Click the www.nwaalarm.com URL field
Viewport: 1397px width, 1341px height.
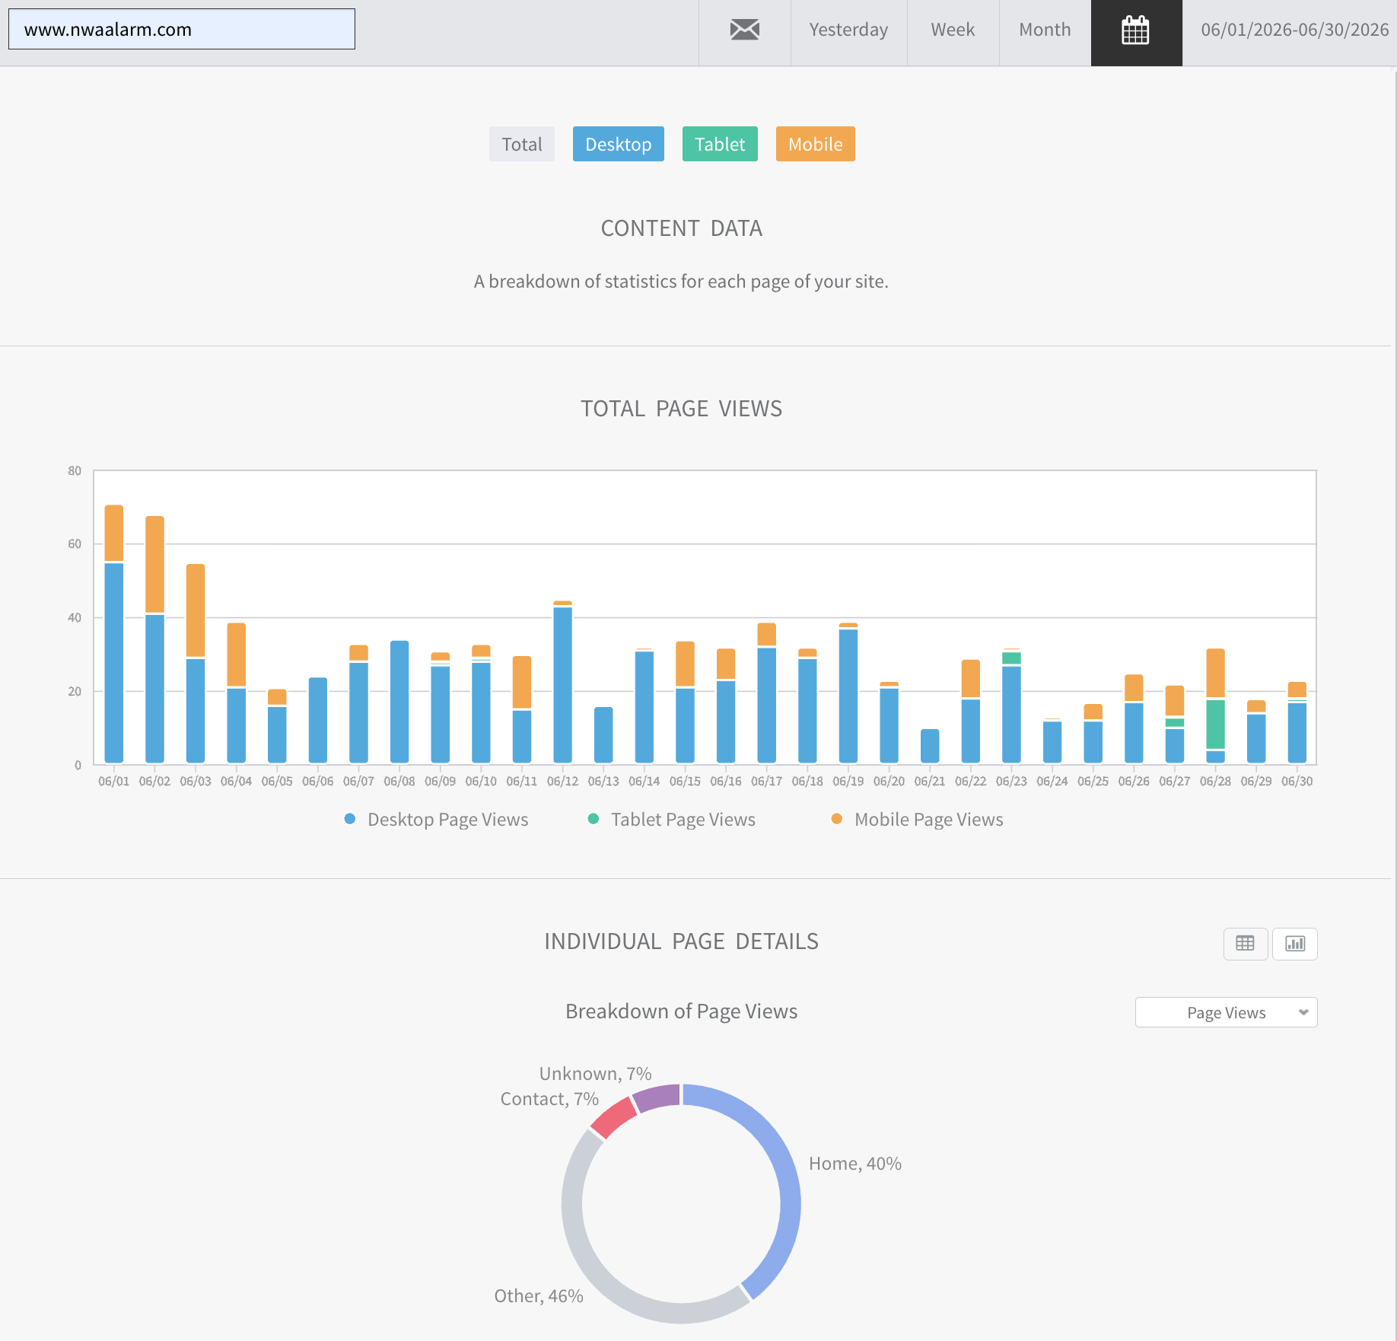182,29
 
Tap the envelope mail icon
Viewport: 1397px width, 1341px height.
745,30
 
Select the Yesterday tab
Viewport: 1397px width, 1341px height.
848,30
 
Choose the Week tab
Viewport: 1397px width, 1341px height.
953,30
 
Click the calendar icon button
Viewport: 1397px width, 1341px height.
1136,30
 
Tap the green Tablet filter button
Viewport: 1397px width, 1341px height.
720,144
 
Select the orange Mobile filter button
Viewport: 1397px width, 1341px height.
815,144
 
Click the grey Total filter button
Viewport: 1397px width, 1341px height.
522,144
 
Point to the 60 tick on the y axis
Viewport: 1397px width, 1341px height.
75,543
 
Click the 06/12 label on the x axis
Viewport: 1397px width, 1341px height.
562,781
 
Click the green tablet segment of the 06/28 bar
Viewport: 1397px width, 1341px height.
1215,724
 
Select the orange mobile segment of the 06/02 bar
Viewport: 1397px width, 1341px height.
154,564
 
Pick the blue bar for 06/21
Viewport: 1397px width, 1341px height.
930,746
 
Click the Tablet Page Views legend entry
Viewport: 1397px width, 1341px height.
672,820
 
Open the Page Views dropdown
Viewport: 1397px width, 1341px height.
1226,1012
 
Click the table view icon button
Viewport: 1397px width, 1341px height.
1246,944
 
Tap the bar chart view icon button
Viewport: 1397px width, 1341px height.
1295,944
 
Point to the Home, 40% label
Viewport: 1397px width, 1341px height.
855,1164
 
